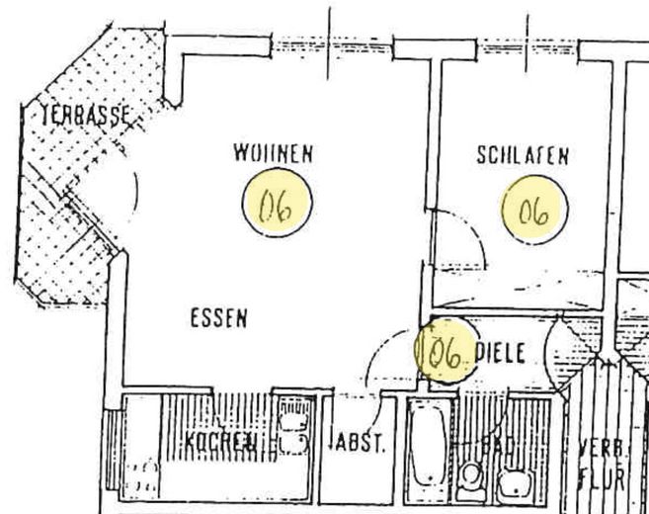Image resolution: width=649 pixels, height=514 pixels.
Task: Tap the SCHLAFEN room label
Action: pos(523,155)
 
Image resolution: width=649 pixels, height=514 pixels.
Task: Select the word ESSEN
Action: pos(217,318)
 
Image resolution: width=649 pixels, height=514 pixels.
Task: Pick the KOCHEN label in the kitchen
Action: pos(222,442)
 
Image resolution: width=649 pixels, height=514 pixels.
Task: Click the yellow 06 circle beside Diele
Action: pos(446,351)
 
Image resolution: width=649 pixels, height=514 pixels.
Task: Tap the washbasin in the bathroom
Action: pos(513,482)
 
